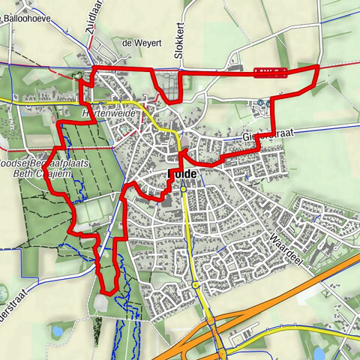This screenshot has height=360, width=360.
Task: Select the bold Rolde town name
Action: pos(182,173)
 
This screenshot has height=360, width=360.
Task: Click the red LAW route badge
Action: pos(271,71)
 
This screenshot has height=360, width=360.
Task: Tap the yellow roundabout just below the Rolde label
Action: pos(183,190)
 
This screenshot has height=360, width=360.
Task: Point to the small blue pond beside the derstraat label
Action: pos(56,329)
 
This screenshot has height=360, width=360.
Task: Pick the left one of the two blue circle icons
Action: pos(259,103)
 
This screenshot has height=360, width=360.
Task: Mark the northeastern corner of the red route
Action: pos(317,67)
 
